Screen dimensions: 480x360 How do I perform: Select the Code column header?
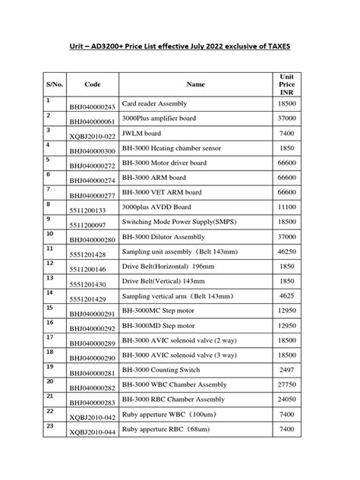tap(93, 84)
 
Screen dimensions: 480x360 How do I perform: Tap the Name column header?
tap(195, 84)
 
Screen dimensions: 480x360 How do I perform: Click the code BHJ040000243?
tap(92, 106)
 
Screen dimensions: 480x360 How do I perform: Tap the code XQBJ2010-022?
tap(92, 136)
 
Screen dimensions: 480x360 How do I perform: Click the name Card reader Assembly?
tap(154, 103)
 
